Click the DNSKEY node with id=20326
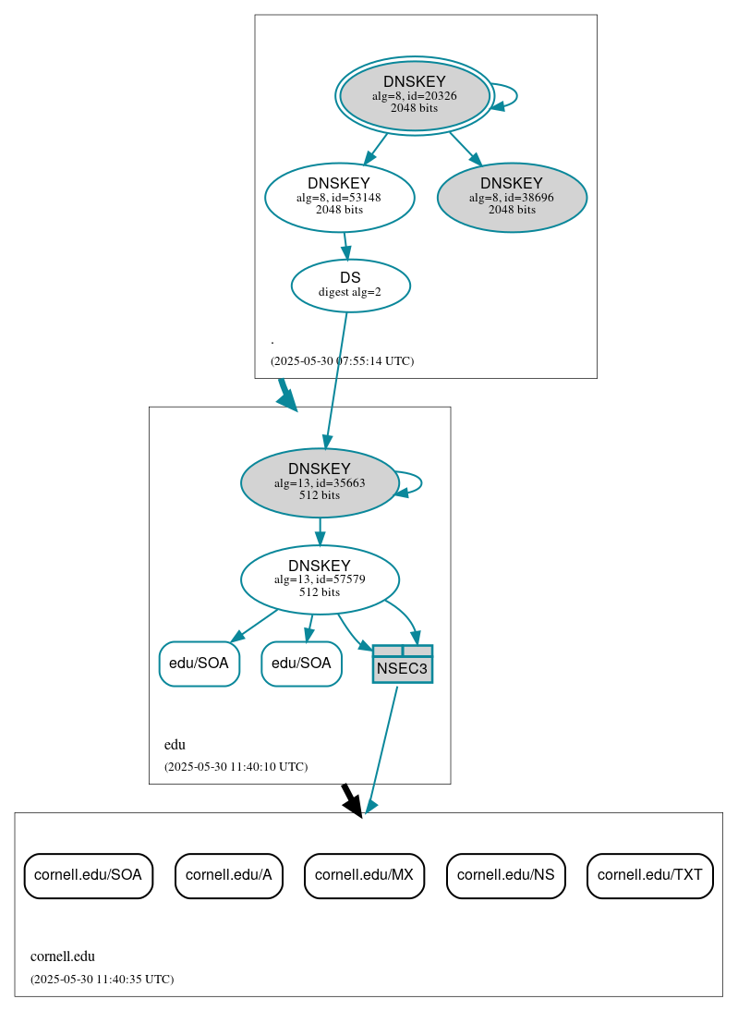pos(415,95)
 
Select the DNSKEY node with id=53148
pos(339,197)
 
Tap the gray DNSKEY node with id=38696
pos(512,197)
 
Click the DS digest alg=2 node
pos(350,285)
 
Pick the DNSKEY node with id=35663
pos(320,482)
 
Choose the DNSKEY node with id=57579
pos(320,579)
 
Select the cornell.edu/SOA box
pos(88,875)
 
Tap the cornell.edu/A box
pos(228,875)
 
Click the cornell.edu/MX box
pos(364,875)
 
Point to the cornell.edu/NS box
pos(505,875)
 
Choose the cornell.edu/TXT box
pos(649,875)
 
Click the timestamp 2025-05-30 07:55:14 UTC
pos(342,361)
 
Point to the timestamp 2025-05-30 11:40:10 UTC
pos(236,767)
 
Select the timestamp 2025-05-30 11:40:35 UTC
pos(102,980)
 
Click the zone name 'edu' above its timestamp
pos(175,745)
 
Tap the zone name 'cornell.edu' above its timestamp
pos(63,957)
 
